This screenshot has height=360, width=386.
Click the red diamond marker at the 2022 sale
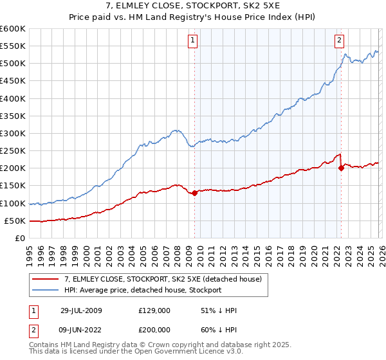click(x=341, y=168)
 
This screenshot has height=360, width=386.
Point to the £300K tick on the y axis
click(x=13, y=134)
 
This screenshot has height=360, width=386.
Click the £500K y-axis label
click(x=13, y=64)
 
